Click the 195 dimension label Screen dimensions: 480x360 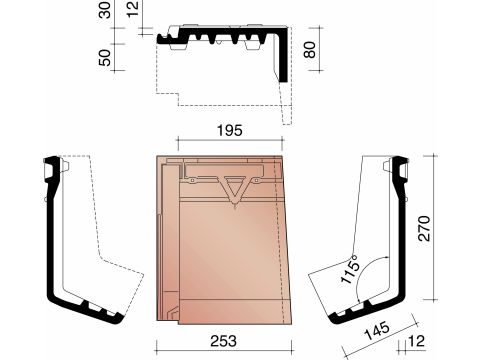[x=230, y=130]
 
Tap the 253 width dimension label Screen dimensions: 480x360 [x=223, y=341]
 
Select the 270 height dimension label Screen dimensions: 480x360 [x=425, y=228]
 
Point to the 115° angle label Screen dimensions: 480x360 [x=350, y=269]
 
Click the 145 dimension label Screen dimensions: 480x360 [x=376, y=330]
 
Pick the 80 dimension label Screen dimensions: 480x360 [x=310, y=50]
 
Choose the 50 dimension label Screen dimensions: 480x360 [x=105, y=57]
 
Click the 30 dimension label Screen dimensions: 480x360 [x=105, y=10]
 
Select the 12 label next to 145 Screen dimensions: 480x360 [x=416, y=341]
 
